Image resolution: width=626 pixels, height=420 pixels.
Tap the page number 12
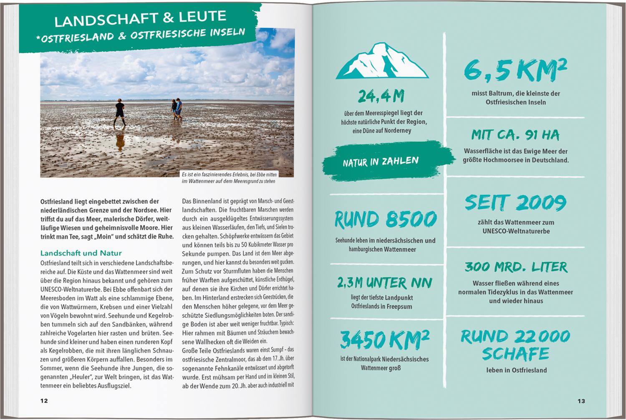click(44, 401)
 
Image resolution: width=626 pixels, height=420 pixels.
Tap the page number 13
click(581, 401)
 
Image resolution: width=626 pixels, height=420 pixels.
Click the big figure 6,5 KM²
click(515, 70)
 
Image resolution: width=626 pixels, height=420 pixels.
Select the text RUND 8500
click(386, 219)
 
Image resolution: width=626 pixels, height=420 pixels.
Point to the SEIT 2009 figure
click(516, 203)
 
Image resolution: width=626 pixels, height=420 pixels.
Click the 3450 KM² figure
click(384, 339)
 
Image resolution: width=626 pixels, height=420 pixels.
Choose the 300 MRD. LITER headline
click(516, 267)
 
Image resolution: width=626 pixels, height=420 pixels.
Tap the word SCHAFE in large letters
click(516, 354)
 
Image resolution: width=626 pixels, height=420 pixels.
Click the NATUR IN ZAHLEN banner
click(381, 162)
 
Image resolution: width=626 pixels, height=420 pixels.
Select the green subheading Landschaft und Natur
click(81, 253)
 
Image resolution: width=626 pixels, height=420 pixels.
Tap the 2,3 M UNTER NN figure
click(384, 283)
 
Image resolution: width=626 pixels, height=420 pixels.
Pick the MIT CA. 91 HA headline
click(515, 135)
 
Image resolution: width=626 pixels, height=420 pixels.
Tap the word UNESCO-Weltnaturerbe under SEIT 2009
click(516, 231)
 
